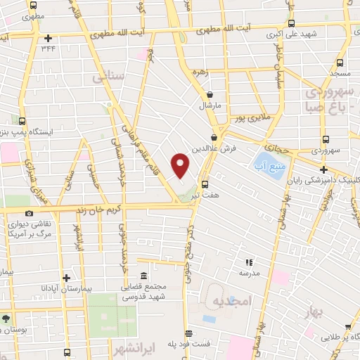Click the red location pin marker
tap(181, 166)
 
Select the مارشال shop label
tap(210, 105)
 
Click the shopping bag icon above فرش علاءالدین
tap(214, 138)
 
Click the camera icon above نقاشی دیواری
tap(29, 213)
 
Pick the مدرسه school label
tap(250, 272)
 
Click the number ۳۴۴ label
tap(48, 48)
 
